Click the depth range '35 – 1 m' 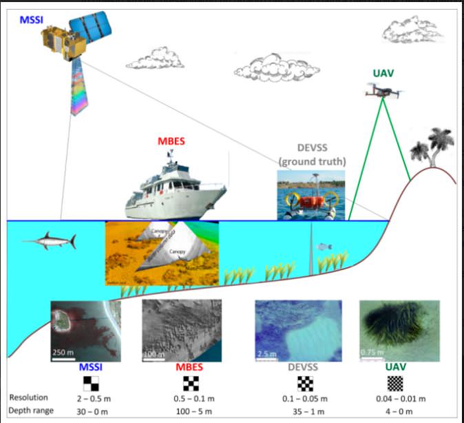coord(303,411)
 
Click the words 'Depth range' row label coord(32,411)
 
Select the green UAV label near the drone coord(383,73)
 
